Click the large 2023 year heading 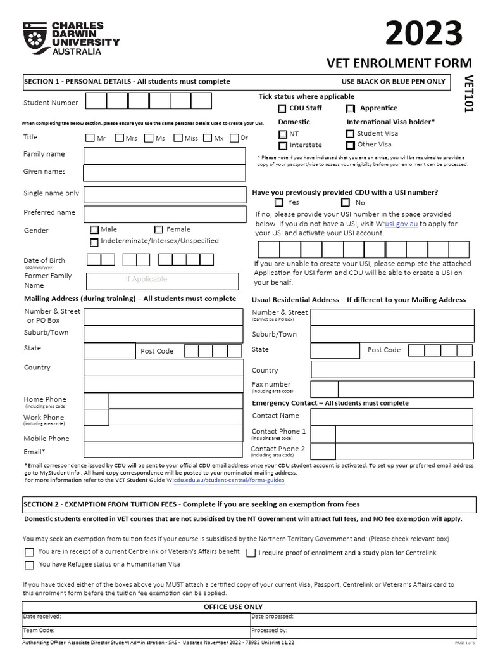tap(424, 33)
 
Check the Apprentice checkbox tap(350, 108)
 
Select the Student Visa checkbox tap(350, 134)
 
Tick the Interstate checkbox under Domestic tap(283, 145)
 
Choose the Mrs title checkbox tap(120, 138)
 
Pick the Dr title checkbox tap(235, 138)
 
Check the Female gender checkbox tap(158, 229)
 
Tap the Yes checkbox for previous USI tap(279, 203)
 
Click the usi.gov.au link tap(401, 224)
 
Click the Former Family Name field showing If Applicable tap(162, 280)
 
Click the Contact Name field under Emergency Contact tap(391, 416)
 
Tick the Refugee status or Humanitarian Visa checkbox tap(29, 565)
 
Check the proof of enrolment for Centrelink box tap(251, 553)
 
